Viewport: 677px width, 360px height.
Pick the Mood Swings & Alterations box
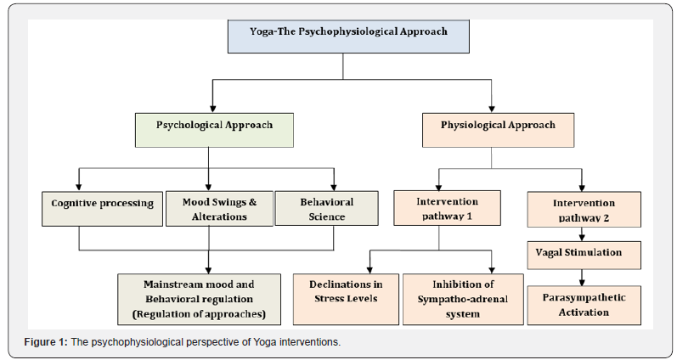pyautogui.click(x=219, y=208)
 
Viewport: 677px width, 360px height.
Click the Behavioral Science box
pyautogui.click(x=327, y=208)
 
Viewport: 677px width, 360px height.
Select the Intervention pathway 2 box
pyautogui.click(x=583, y=208)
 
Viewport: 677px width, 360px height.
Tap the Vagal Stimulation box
pyautogui.click(x=583, y=253)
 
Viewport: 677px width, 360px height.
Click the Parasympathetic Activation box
pyautogui.click(x=583, y=305)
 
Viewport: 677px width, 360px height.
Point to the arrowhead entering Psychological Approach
pyautogui.click(x=211, y=108)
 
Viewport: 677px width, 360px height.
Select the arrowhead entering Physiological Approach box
pyautogui.click(x=491, y=108)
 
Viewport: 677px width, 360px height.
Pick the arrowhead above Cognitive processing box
pyautogui.click(x=79, y=186)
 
